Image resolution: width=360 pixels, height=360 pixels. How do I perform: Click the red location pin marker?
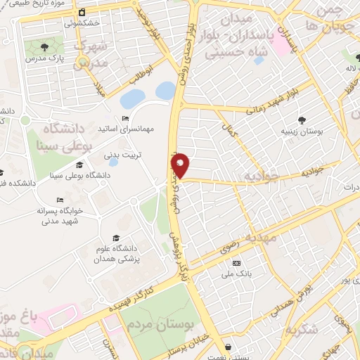[x=181, y=165]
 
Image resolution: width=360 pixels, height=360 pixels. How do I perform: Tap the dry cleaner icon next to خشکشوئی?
[x=82, y=13]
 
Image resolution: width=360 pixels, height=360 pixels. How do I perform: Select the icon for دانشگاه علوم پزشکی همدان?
[x=116, y=238]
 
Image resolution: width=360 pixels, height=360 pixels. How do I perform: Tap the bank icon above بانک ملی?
[x=236, y=262]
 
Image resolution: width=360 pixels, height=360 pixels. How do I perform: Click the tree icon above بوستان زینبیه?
[x=302, y=120]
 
